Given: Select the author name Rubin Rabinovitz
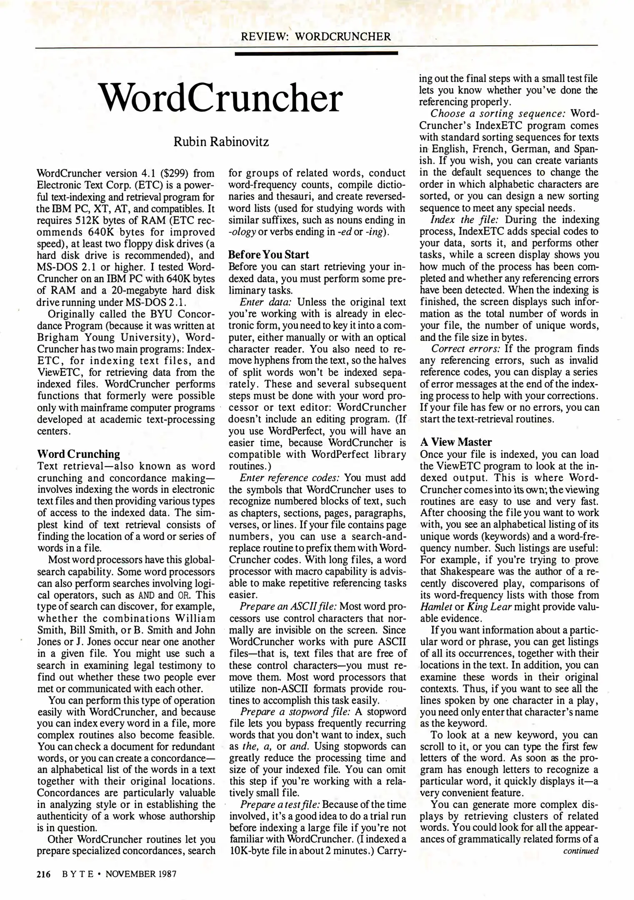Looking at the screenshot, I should coord(221,142).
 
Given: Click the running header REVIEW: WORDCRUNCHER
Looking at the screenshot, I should coord(316,37).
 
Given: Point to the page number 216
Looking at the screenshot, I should coord(43,874).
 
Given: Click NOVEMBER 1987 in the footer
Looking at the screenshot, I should coord(141,874).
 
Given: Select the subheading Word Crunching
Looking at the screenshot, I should coord(78,454).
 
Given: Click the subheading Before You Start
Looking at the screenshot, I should coord(269,254).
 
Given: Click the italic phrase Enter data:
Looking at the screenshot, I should coord(267,302).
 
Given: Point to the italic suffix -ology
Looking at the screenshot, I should coord(242,232).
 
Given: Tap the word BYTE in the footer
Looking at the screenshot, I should coord(77,874).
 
